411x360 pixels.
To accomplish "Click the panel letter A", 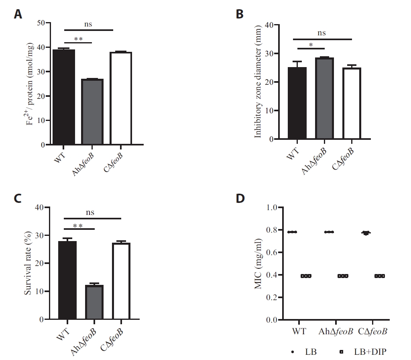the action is [x=18, y=14].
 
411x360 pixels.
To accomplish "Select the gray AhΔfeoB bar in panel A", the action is [x=92, y=112].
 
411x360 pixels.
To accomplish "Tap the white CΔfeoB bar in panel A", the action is [x=120, y=98].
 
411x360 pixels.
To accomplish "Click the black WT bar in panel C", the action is [x=67, y=280].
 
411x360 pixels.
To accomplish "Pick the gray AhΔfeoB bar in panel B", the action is [x=324, y=98].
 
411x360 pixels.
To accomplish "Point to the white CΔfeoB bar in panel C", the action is [x=121, y=281].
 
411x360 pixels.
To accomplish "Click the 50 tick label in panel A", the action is [x=41, y=23].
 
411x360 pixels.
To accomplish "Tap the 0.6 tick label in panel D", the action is [x=272, y=252].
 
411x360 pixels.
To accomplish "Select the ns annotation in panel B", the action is [x=321, y=33].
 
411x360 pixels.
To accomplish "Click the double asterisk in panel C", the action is [x=78, y=226].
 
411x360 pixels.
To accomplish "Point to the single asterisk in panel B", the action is [x=311, y=45].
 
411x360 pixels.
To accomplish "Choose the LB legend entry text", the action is [x=311, y=352].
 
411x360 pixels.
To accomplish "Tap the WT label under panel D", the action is [x=299, y=331].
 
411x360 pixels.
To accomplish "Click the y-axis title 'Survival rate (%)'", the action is [x=28, y=263].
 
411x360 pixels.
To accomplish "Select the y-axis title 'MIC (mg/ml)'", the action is [x=258, y=264].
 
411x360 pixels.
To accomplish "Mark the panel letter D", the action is [x=240, y=198].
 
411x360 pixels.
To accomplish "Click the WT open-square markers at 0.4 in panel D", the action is [x=306, y=276].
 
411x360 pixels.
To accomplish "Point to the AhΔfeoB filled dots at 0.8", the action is [x=329, y=232].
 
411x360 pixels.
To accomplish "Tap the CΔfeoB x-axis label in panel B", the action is [x=343, y=159].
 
